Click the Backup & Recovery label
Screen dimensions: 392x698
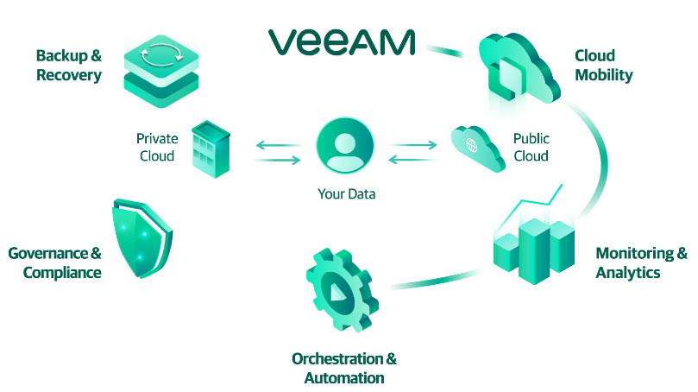tap(69, 66)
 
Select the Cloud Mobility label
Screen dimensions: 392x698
tap(603, 66)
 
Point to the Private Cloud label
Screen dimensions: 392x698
tap(157, 147)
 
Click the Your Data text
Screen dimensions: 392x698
tap(346, 194)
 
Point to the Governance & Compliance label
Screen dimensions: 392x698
tap(55, 262)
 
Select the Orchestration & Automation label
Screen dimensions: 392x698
tap(344, 368)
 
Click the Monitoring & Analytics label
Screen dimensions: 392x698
tap(641, 262)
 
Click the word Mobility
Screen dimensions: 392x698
tap(603, 75)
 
